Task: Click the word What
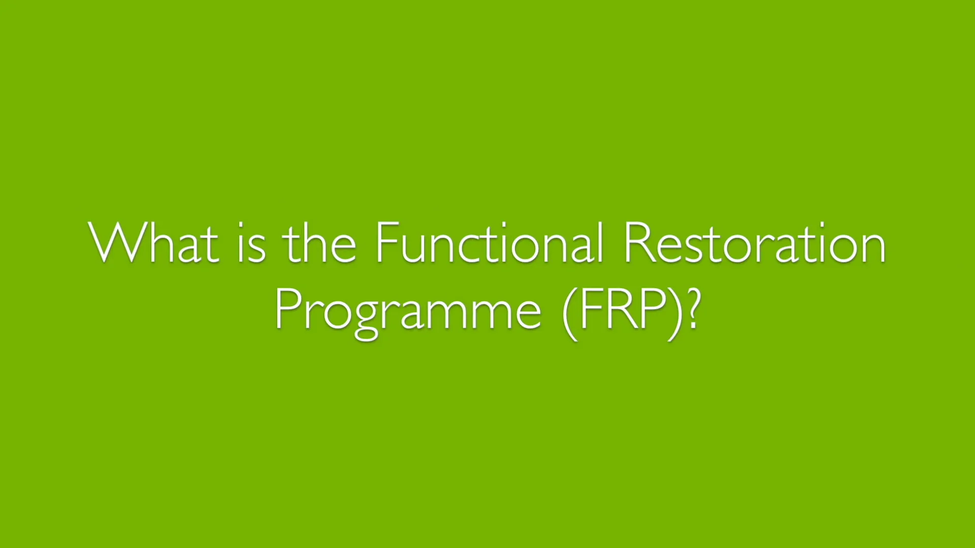click(153, 243)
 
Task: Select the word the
click(319, 243)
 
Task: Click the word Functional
click(490, 243)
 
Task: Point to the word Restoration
click(755, 243)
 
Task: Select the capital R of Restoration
click(639, 243)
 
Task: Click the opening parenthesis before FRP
click(570, 311)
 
